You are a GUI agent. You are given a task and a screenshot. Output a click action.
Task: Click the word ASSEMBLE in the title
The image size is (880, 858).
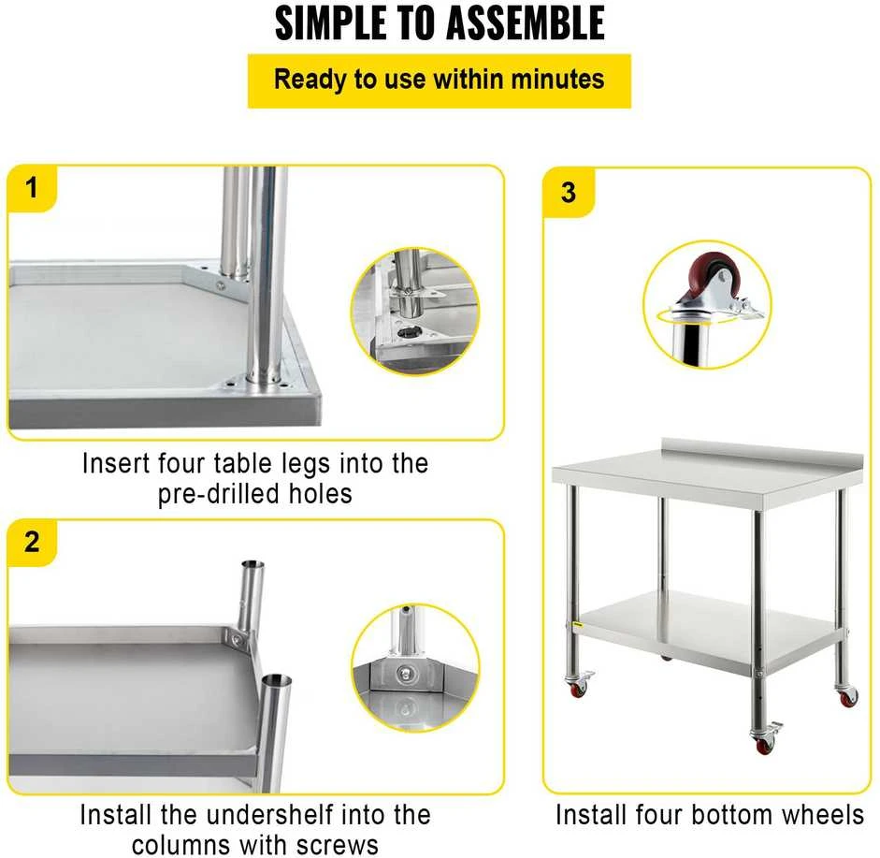pos(526,22)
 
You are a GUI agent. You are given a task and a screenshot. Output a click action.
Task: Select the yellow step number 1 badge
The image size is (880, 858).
pos(32,188)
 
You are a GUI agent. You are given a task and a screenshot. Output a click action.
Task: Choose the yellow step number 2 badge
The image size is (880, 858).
pos(32,542)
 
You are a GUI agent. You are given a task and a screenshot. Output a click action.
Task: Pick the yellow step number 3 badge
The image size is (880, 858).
pos(569,193)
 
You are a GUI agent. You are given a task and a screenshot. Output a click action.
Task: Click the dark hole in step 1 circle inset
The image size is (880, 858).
pos(408,332)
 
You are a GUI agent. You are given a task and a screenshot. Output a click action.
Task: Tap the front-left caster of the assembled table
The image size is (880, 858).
pos(579,684)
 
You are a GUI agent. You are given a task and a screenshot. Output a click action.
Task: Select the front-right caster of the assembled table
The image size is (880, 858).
pos(764,738)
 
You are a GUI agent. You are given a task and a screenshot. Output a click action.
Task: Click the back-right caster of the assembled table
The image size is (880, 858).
pos(846,695)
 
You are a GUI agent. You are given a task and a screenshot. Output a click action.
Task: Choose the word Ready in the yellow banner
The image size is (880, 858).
pos(310,80)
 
